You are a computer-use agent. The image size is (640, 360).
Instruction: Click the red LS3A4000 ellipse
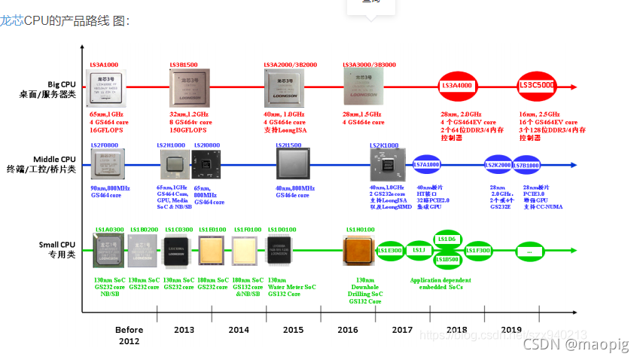click(x=455, y=86)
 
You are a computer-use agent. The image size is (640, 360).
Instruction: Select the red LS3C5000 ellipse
click(x=537, y=86)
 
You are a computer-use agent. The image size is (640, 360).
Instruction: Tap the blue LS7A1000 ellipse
click(x=426, y=164)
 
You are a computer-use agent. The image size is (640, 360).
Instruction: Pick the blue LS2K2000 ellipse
click(x=499, y=164)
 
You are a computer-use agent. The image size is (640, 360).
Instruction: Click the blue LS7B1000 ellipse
click(x=531, y=164)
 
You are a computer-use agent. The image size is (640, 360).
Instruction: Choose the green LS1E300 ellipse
click(x=389, y=250)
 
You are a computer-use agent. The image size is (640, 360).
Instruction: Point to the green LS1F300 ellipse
click(x=478, y=250)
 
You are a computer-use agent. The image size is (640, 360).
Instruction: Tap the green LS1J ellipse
click(x=419, y=249)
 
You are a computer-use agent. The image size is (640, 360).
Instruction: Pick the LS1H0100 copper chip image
click(x=358, y=251)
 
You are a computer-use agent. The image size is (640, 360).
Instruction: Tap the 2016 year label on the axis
click(x=347, y=329)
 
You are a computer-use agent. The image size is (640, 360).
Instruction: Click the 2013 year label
click(x=184, y=329)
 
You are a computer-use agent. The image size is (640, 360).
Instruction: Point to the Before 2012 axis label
click(x=129, y=335)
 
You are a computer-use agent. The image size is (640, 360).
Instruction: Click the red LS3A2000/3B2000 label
click(x=290, y=65)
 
